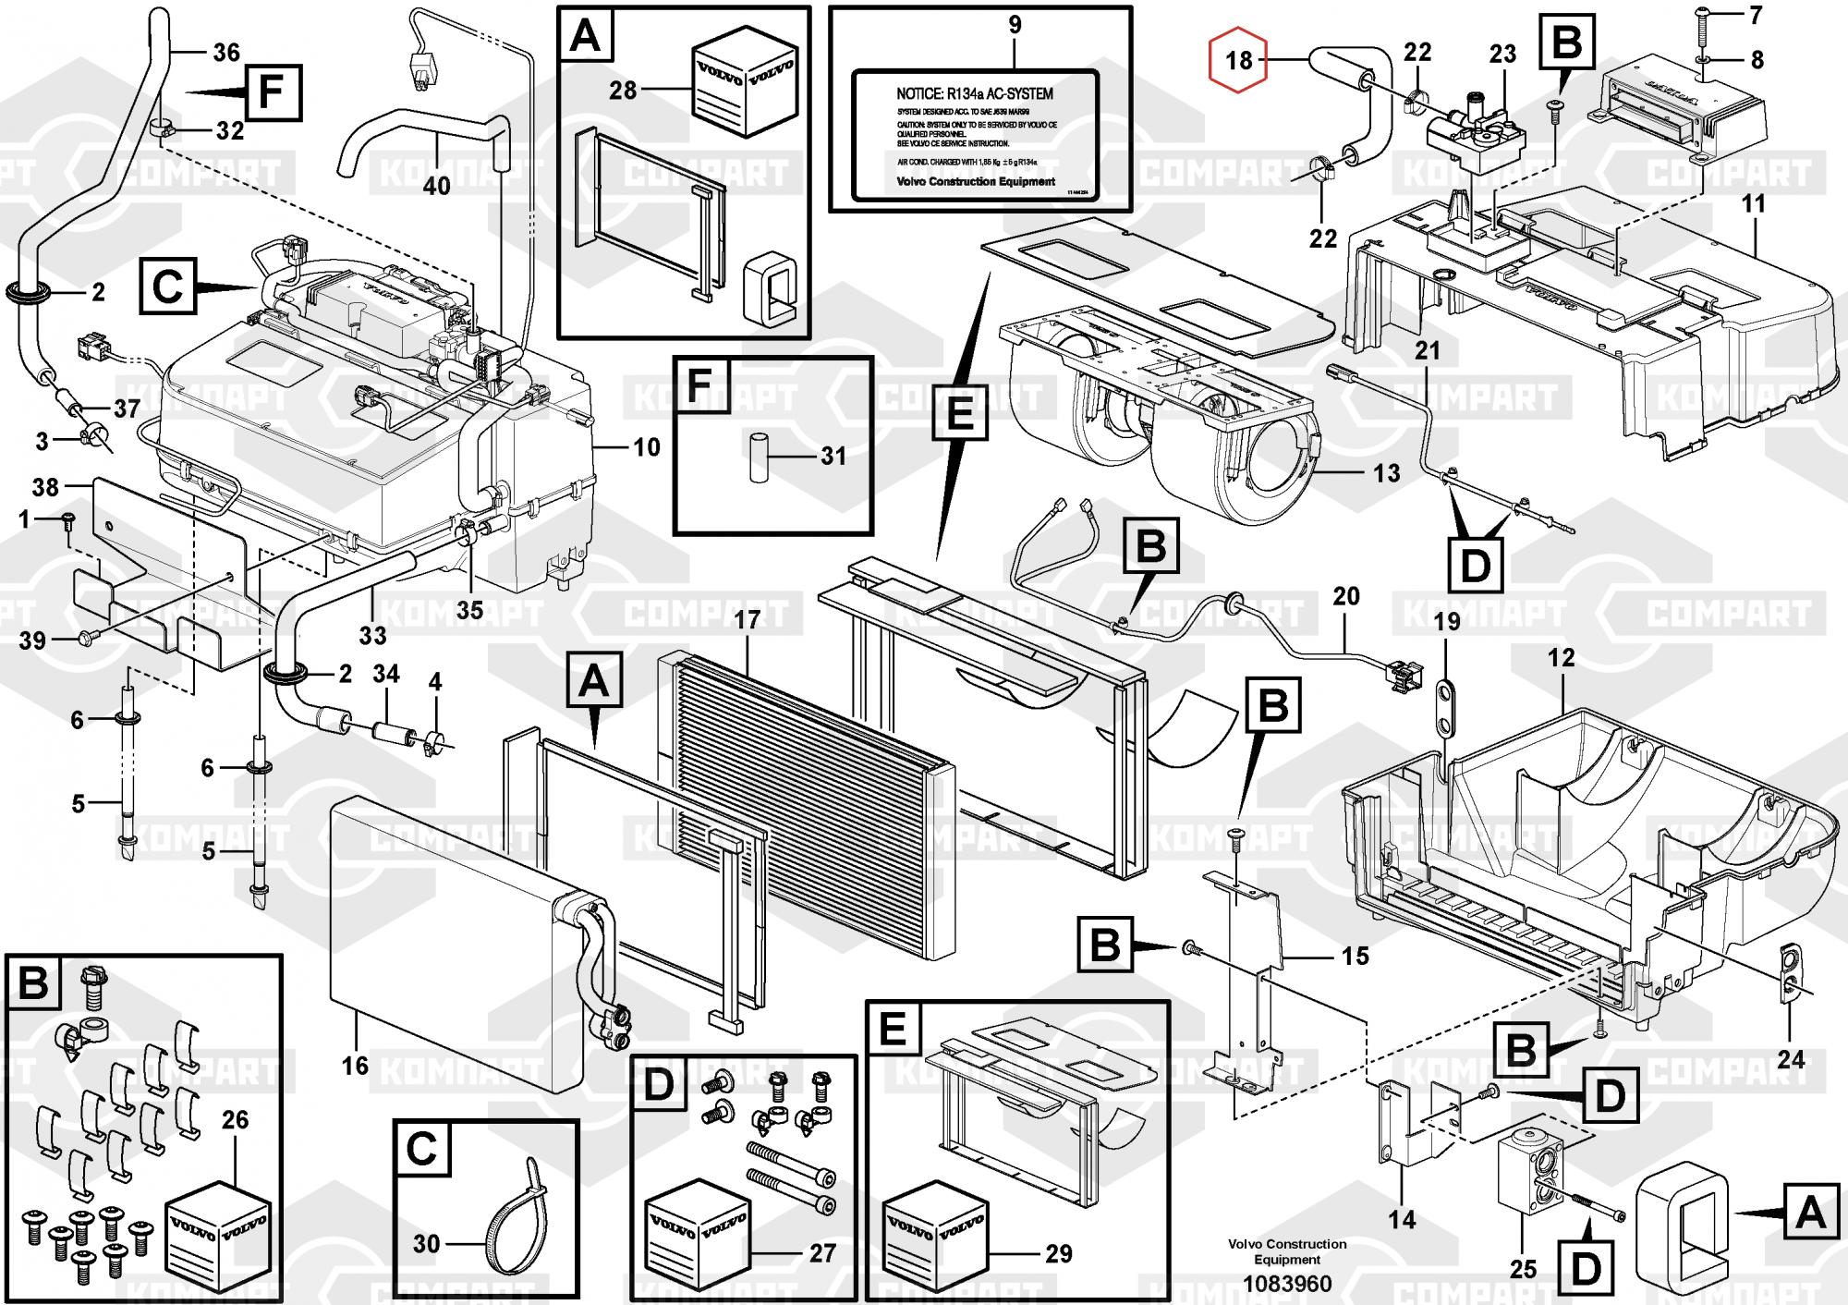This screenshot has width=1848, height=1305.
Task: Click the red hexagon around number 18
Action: (x=1238, y=61)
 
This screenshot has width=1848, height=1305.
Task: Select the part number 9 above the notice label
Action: (x=1015, y=25)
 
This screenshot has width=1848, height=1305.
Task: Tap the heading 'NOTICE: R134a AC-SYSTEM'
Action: (x=974, y=93)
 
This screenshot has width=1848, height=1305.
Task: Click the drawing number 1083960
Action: (x=1287, y=1284)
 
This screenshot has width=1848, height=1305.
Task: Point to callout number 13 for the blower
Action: (x=1386, y=473)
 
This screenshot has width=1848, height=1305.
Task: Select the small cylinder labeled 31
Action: (x=760, y=455)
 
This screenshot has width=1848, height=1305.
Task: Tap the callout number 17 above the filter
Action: (x=747, y=619)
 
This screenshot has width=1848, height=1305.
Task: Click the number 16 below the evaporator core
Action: (x=355, y=1066)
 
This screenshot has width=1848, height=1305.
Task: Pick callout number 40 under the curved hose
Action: (x=436, y=186)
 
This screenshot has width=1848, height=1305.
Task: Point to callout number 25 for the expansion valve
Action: (x=1523, y=1269)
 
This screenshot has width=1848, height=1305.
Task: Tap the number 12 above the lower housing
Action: (x=1561, y=658)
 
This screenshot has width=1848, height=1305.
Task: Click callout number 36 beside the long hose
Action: (x=226, y=53)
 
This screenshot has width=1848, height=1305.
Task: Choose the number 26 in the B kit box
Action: (x=235, y=1120)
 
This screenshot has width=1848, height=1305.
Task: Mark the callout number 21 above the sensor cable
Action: (x=1428, y=351)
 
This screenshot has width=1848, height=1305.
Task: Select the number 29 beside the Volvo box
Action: (x=1058, y=1254)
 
